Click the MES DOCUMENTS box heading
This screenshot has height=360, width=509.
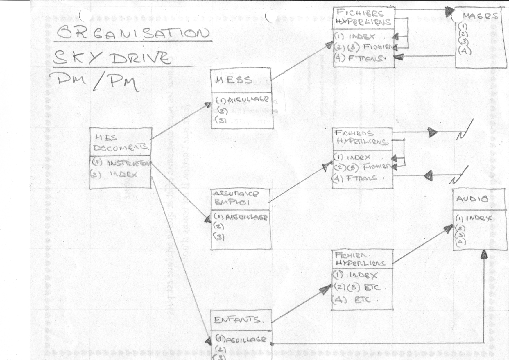120,143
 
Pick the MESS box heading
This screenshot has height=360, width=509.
234,80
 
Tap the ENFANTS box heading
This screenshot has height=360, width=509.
237,320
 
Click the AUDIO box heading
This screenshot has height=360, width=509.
472,199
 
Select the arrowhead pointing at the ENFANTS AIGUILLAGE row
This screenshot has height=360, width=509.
209,341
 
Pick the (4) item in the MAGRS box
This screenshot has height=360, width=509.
464,51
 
